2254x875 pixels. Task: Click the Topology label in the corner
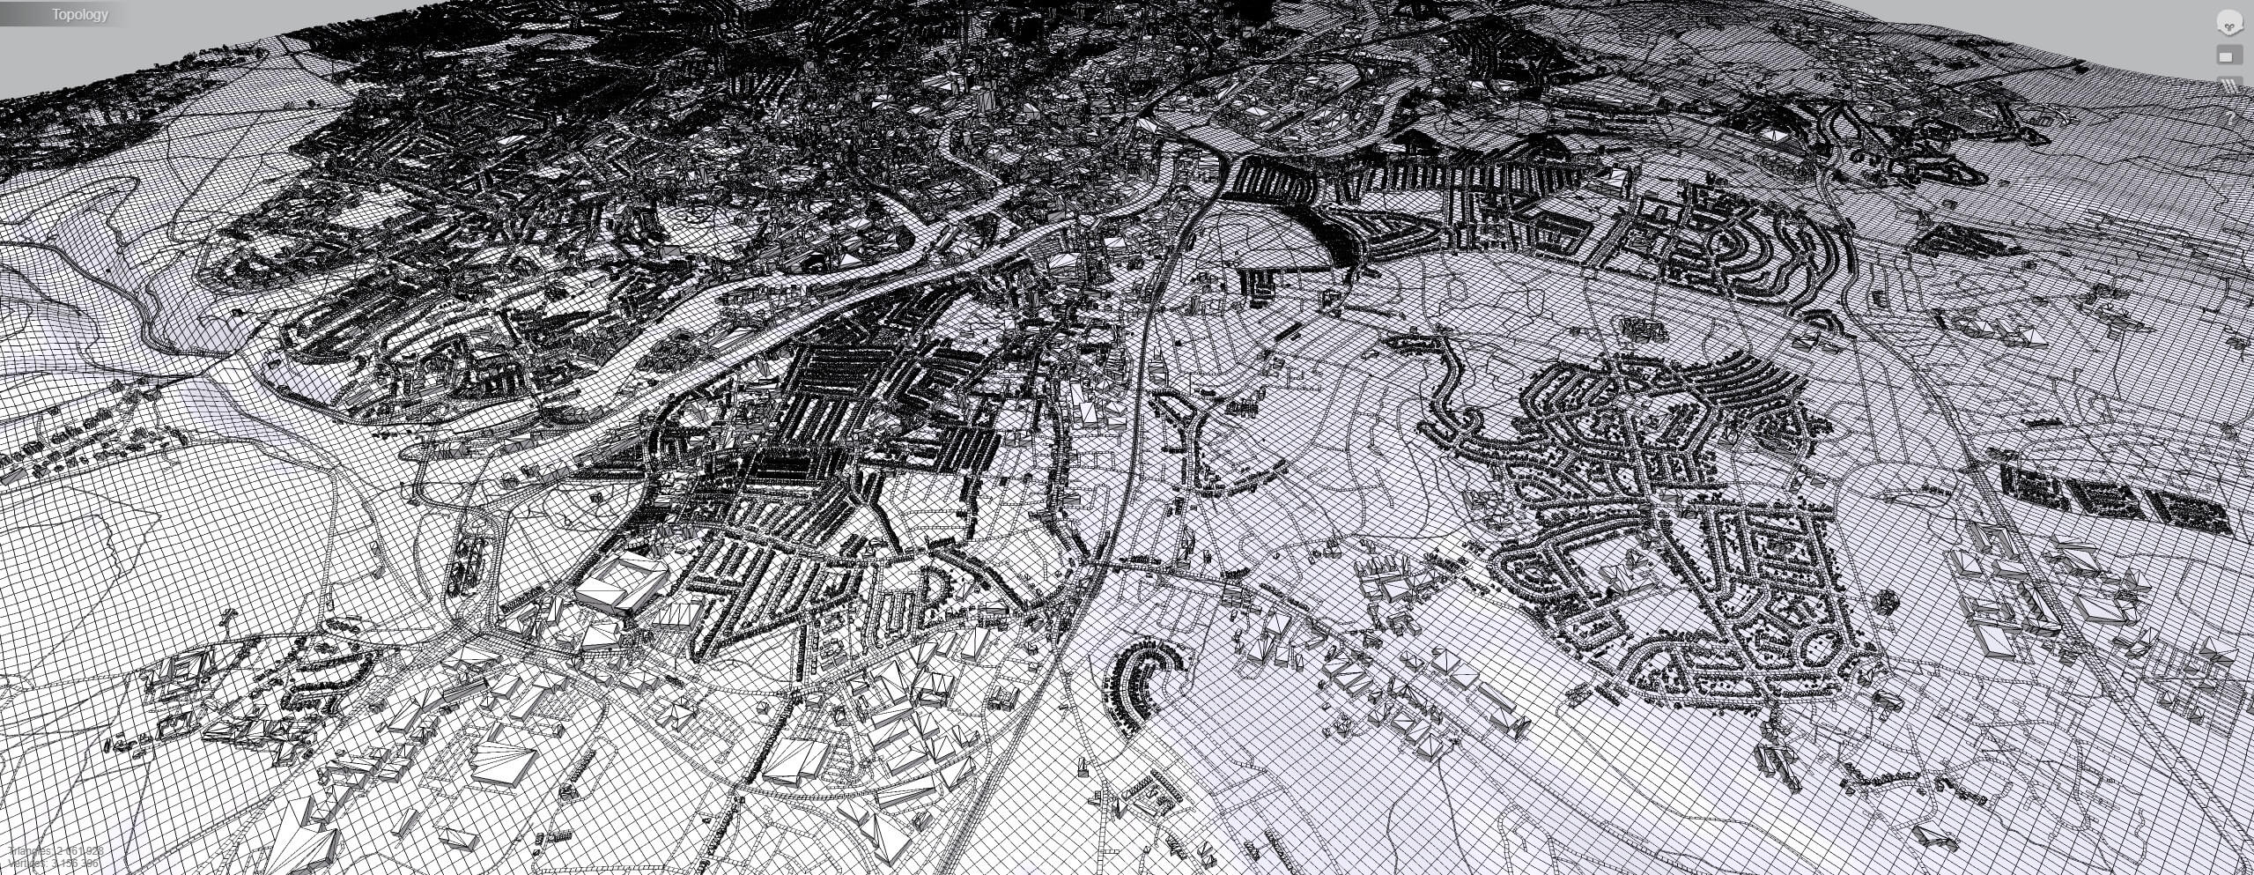pos(79,14)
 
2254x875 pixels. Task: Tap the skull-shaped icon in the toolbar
pos(2228,24)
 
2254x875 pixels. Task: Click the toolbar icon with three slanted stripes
pos(2229,85)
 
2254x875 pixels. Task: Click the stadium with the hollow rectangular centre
pos(621,581)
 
